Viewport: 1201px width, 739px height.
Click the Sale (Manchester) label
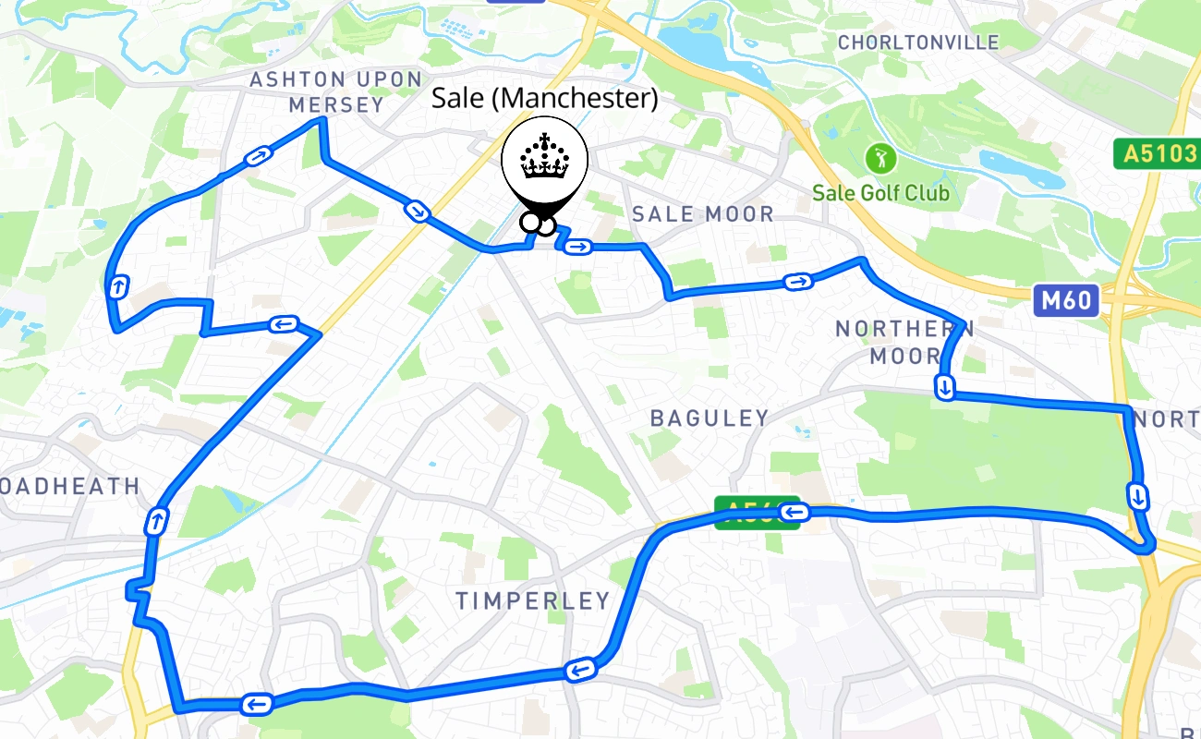(545, 98)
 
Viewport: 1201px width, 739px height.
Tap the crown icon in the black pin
(545, 158)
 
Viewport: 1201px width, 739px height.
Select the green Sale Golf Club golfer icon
(880, 158)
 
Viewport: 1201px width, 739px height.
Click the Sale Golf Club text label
(880, 193)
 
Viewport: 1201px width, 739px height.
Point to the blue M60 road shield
(1067, 300)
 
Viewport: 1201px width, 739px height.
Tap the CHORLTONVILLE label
(918, 42)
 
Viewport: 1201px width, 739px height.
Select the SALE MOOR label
(703, 214)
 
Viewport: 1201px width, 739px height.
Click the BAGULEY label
(710, 418)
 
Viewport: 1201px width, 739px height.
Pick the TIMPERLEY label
(533, 601)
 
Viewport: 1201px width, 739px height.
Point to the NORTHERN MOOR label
(904, 342)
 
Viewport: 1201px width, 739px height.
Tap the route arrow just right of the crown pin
(578, 246)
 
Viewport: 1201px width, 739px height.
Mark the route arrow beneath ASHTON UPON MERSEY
(258, 157)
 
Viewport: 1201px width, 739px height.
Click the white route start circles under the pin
(538, 224)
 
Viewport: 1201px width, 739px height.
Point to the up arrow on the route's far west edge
(118, 286)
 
